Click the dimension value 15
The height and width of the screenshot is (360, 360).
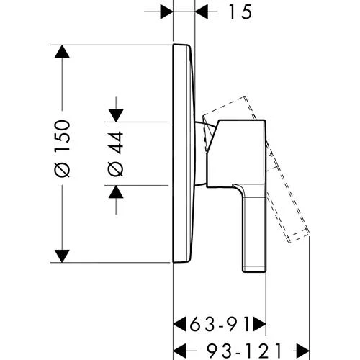click(240, 12)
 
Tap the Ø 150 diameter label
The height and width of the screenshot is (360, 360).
click(63, 148)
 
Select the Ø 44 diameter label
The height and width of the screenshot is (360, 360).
click(116, 154)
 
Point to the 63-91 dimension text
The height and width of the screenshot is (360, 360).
click(220, 324)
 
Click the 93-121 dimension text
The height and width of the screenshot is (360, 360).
click(244, 351)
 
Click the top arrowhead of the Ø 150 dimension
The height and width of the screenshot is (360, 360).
click(62, 52)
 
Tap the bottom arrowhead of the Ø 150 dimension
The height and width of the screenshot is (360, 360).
click(62, 256)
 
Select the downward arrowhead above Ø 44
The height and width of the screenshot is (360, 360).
click(116, 115)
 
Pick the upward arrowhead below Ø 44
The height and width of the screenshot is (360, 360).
click(116, 192)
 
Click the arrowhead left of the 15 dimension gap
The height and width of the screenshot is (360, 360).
click(166, 12)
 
